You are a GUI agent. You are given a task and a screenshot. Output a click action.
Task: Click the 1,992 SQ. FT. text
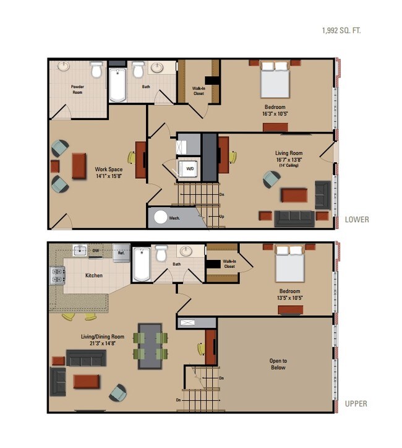(341, 30)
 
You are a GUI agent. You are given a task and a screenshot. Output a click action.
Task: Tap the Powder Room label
(77, 90)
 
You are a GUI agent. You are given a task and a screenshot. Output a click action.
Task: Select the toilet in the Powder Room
(96, 69)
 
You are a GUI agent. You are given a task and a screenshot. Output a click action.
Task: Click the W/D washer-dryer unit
(188, 169)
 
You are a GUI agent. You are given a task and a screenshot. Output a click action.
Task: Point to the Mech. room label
(174, 218)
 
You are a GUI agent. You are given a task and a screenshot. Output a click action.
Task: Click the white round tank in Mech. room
(160, 217)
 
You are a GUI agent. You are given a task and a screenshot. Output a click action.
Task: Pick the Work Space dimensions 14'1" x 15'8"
(109, 176)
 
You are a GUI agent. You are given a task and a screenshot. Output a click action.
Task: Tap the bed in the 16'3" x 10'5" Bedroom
(275, 79)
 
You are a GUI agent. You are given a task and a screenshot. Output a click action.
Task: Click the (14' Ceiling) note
(289, 165)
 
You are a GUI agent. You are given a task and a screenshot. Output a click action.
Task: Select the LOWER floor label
(357, 220)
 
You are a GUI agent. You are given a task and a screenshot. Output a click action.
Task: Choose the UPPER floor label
(356, 403)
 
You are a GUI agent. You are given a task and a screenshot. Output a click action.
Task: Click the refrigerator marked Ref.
(121, 253)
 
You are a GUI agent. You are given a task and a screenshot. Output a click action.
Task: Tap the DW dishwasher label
(96, 251)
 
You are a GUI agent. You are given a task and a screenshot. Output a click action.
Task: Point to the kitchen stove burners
(58, 275)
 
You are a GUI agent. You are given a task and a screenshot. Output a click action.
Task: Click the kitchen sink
(80, 251)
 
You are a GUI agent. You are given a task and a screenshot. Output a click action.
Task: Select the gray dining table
(150, 346)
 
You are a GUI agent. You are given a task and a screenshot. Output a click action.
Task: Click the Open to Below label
(278, 364)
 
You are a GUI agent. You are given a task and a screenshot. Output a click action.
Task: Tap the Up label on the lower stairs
(221, 217)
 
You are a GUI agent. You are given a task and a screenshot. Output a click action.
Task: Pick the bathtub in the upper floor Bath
(142, 265)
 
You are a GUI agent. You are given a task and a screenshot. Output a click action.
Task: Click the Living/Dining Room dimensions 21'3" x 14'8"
(103, 343)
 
